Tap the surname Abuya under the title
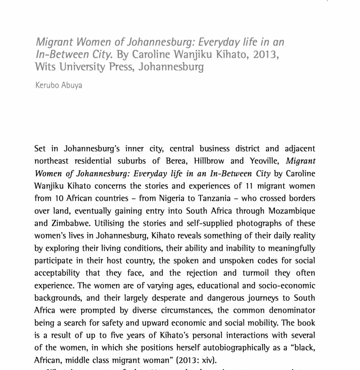click(x=72, y=86)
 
